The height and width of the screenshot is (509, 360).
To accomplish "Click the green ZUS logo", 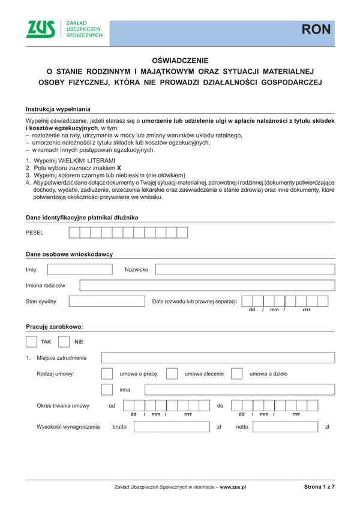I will [x=41, y=29].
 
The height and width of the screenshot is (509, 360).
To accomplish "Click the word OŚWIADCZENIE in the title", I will [x=180, y=61].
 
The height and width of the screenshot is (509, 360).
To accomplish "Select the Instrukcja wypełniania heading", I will [x=58, y=109].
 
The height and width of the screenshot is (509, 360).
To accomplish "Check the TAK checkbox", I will [x=32, y=342].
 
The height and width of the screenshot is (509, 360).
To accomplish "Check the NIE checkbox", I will [x=64, y=342].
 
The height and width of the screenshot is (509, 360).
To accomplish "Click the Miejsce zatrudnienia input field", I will [x=218, y=358].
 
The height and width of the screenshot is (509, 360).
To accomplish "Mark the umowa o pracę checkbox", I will [x=107, y=374].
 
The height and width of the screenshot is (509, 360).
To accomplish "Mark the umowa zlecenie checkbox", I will [x=172, y=374].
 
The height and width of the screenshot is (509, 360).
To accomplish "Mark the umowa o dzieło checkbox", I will [x=236, y=374].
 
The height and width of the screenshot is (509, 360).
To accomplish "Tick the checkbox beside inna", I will [x=107, y=390].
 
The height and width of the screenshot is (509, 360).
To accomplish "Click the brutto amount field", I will [x=172, y=427].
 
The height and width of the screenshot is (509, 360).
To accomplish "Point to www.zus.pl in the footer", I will [x=233, y=487].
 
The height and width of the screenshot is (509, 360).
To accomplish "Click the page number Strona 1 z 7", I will [x=319, y=487].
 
